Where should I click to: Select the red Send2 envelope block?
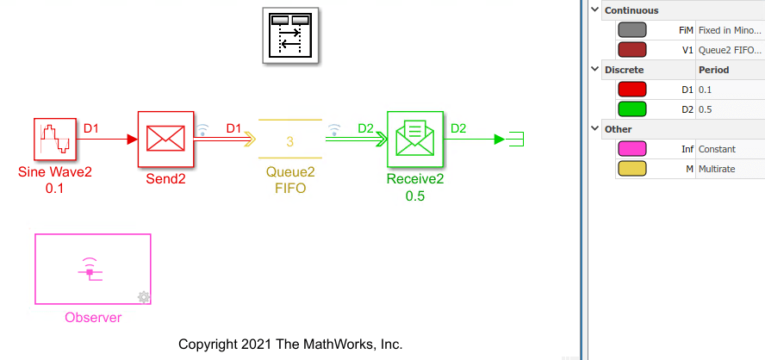tap(165, 140)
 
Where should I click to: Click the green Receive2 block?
tap(414, 140)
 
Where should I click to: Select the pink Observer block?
tap(92, 269)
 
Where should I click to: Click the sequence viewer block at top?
tap(290, 36)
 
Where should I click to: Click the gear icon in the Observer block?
tap(143, 297)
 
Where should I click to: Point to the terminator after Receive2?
tap(509, 140)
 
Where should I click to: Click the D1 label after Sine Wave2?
tap(90, 128)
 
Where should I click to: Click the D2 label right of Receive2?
tap(458, 128)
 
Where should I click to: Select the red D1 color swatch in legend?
tap(631, 90)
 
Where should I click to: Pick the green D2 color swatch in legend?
tap(631, 109)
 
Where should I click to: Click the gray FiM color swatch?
tap(631, 30)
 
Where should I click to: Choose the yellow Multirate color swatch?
tap(631, 169)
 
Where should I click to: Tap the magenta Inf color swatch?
tap(631, 149)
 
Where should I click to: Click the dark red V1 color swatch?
tap(631, 50)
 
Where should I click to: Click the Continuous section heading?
tap(631, 10)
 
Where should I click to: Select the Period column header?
tap(714, 70)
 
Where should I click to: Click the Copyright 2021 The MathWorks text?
tap(290, 344)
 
